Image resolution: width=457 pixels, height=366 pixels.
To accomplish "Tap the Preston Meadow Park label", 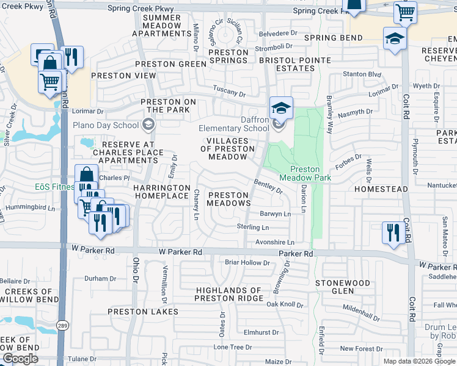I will pyautogui.click(x=305, y=173).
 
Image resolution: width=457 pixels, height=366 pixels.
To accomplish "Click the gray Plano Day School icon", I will pyautogui.click(x=147, y=124).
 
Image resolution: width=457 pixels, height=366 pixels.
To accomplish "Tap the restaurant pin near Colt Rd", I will pyautogui.click(x=391, y=232).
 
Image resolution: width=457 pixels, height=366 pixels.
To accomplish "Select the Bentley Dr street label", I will pyautogui.click(x=268, y=186).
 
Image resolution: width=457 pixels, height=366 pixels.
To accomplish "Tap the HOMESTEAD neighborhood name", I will pyautogui.click(x=381, y=190).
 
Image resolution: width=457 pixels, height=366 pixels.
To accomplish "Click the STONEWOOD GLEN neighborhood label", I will pyautogui.click(x=343, y=287).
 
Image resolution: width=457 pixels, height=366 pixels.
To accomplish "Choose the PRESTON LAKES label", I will pyautogui.click(x=143, y=312).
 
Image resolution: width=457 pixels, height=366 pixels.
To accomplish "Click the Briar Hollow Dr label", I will pyautogui.click(x=247, y=263).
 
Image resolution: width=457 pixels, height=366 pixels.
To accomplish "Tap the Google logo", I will pyautogui.click(x=20, y=359).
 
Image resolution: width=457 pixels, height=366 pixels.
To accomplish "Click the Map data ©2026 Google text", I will pyautogui.click(x=419, y=361).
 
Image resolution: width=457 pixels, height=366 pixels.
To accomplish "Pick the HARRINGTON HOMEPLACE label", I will pyautogui.click(x=161, y=192).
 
